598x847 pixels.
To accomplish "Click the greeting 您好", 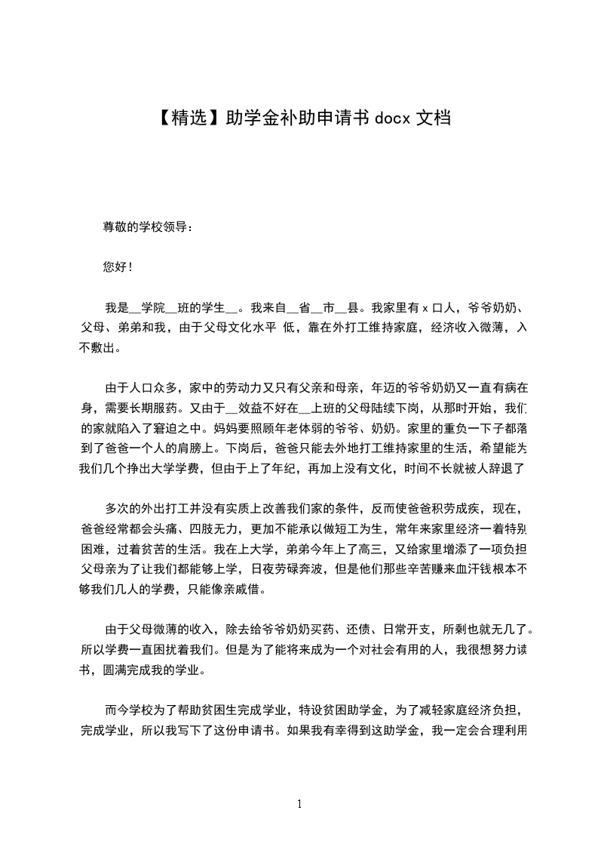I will pyautogui.click(x=115, y=266).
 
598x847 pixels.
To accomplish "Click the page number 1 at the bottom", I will pyautogui.click(x=299, y=804).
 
